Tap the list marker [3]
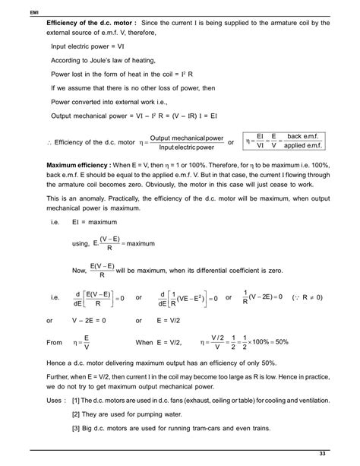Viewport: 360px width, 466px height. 76,430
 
